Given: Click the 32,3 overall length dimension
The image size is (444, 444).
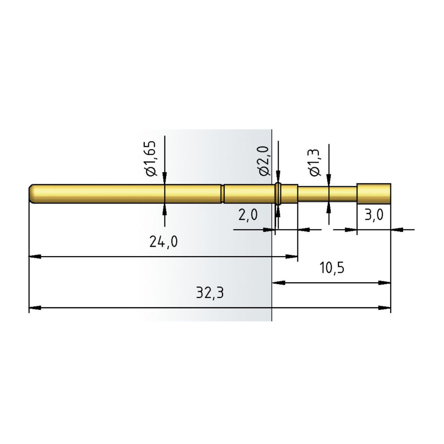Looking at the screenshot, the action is pos(210,293).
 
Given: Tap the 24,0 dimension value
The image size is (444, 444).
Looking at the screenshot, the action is pos(163,242).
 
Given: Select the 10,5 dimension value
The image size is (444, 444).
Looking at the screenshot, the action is pos(332,268).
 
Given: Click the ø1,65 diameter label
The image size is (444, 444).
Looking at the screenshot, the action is pos(151,159).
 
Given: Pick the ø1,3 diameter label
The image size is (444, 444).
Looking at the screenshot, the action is pos(315,163).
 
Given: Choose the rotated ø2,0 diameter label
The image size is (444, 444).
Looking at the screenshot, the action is pos(264,161).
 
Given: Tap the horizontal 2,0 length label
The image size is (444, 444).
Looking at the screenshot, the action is pos(248,214).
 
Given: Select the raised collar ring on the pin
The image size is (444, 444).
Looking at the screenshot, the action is pos(278,194).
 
